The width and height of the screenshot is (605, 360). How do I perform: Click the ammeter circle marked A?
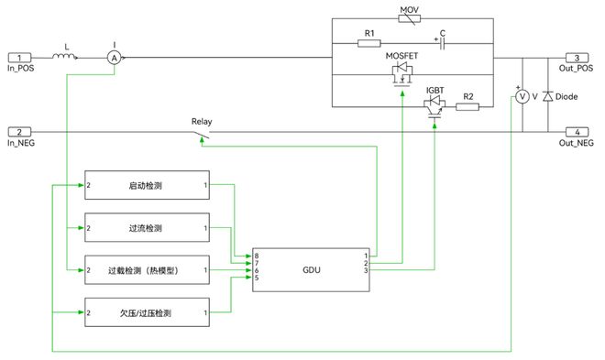(x=114, y=57)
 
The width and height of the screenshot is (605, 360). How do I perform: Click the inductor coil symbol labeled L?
(x=65, y=56)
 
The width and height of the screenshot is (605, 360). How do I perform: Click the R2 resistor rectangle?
(x=467, y=107)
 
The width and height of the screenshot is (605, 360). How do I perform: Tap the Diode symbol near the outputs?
(x=548, y=96)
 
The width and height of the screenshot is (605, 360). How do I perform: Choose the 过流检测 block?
(x=147, y=227)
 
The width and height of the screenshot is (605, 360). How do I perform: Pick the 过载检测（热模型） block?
(x=147, y=270)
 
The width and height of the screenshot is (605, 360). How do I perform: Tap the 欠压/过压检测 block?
(x=147, y=313)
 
